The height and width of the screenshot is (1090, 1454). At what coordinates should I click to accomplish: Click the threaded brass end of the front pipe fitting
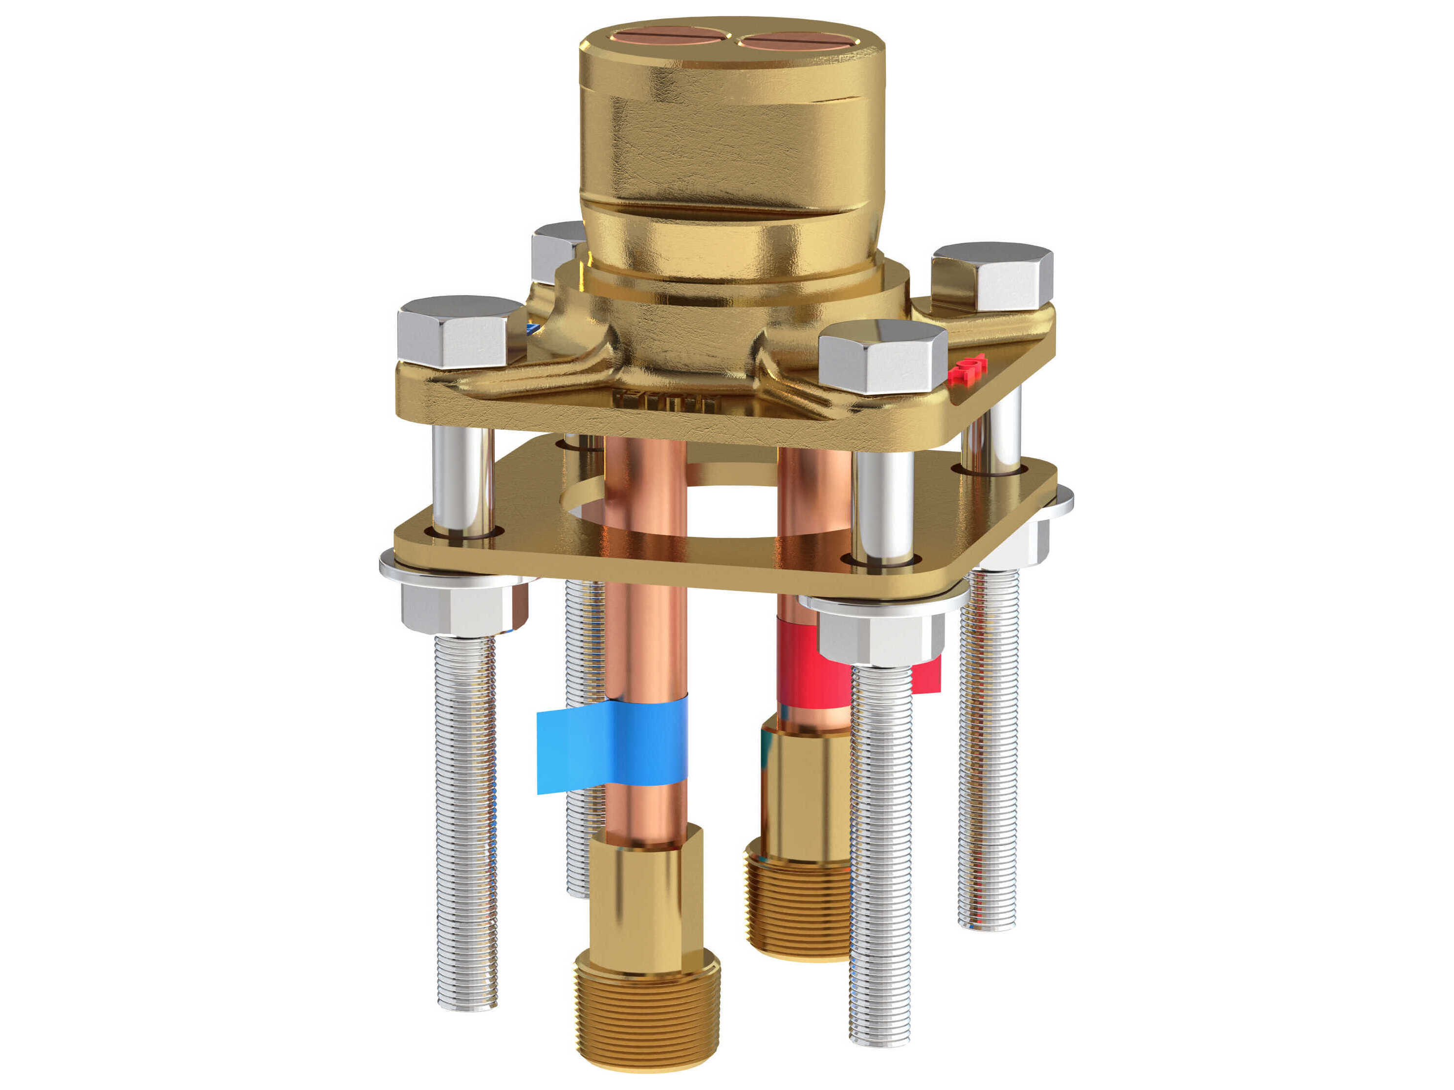647,1015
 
